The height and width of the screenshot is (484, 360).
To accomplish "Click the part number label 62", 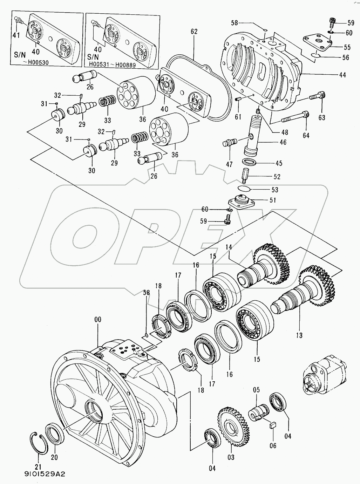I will tap(194, 32).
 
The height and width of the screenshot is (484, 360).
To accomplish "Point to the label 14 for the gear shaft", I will tap(229, 247).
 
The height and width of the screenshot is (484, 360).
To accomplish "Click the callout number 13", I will tap(299, 335).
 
